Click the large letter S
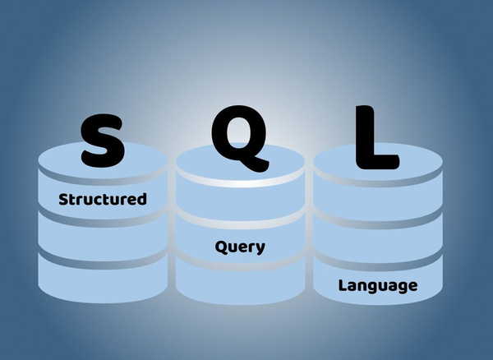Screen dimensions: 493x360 click(x=103, y=141)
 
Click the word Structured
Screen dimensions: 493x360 click(x=103, y=200)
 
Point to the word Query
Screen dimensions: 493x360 click(x=240, y=247)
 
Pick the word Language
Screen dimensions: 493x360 click(x=378, y=286)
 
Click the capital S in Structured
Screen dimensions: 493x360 click(x=63, y=200)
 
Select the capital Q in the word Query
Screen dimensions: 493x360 click(x=221, y=247)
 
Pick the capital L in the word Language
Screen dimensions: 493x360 click(x=343, y=285)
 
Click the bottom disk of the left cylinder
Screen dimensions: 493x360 click(x=103, y=279)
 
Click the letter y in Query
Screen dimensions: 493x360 click(x=260, y=249)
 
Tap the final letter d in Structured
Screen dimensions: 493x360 click(x=141, y=200)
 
